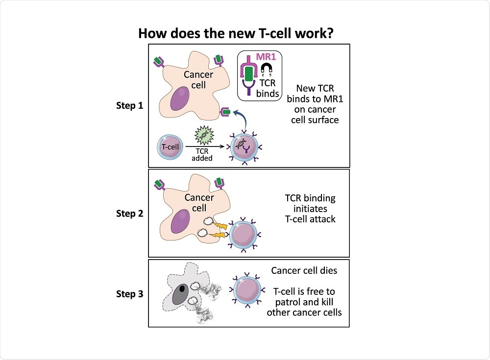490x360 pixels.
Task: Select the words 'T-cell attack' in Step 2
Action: [x=311, y=219]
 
